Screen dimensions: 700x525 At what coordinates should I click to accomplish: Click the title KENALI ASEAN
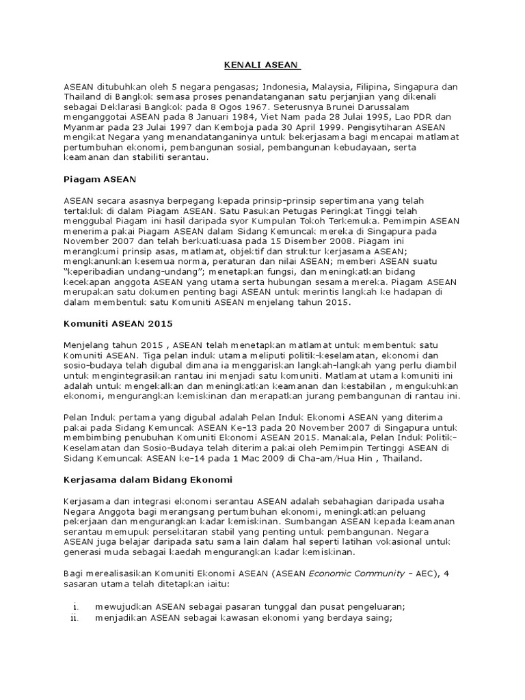(x=262, y=66)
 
